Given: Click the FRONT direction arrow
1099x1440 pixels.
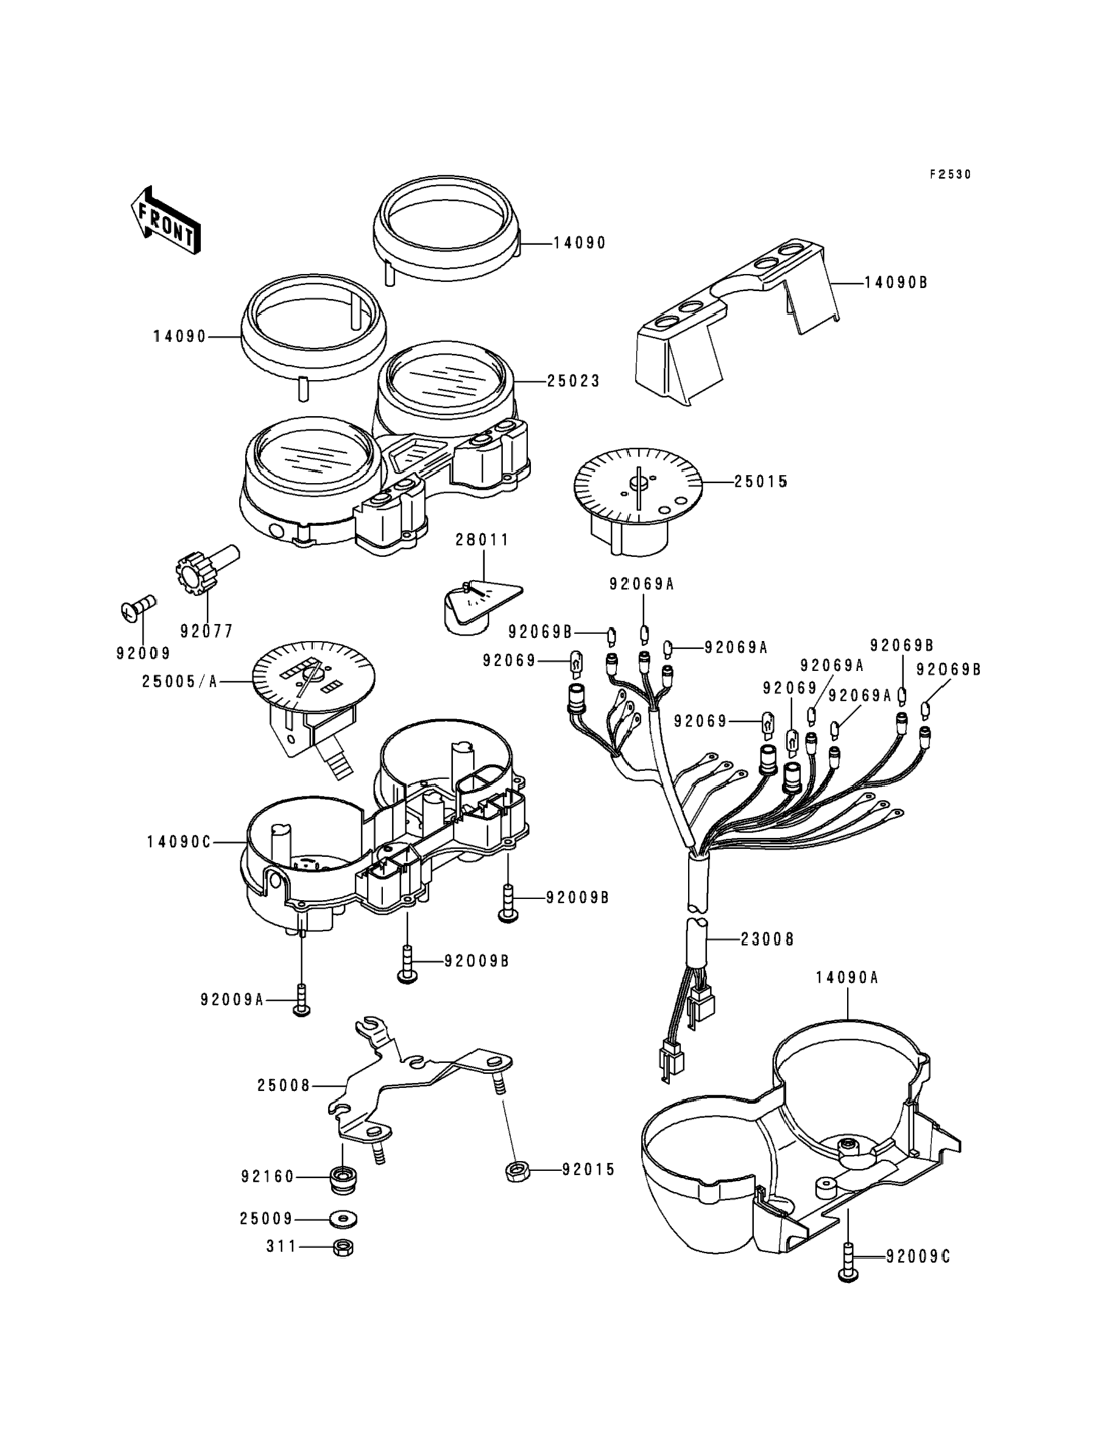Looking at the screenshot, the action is pos(165,220).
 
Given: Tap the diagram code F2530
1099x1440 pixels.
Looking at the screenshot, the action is pos(951,174).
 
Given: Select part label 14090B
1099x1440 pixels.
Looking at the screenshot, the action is pos(896,283).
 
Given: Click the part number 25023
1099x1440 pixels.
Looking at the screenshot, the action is pos(573,381).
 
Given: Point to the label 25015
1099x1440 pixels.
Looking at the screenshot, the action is pos(760,482).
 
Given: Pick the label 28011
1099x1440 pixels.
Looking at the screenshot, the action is pos(482,540).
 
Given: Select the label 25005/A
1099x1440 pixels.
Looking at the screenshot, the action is pos(180,682).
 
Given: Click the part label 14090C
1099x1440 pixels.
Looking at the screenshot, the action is pos(178,843).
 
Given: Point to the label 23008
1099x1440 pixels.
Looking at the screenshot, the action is pos(768,939).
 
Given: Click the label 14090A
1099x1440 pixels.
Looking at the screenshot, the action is pos(847,996).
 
